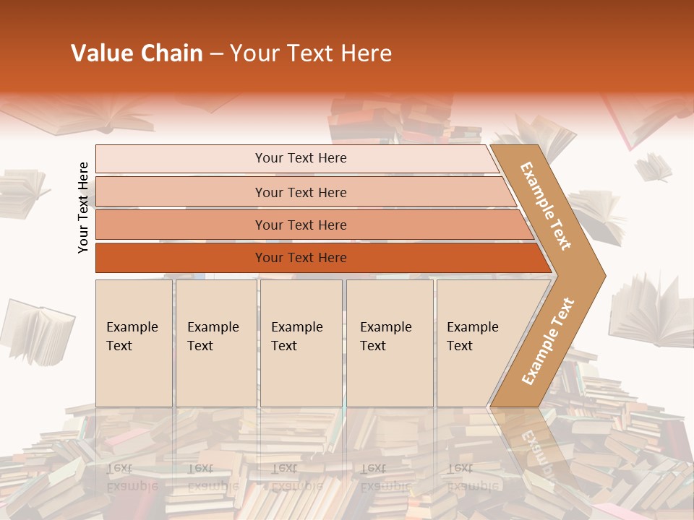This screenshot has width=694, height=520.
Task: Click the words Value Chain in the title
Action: click(x=137, y=53)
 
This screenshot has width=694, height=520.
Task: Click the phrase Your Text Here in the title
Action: click(x=311, y=53)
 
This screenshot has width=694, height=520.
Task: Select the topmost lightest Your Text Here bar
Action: click(x=300, y=158)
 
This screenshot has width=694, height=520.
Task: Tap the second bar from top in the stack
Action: click(x=300, y=192)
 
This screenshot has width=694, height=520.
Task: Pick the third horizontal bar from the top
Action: click(x=300, y=225)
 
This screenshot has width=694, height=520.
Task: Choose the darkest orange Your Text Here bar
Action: click(x=300, y=258)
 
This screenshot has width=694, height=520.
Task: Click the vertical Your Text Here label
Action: click(x=83, y=207)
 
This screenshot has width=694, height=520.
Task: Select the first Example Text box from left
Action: click(x=134, y=342)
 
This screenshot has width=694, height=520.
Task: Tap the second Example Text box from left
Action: click(x=215, y=342)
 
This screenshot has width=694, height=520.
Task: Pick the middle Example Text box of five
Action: click(x=301, y=342)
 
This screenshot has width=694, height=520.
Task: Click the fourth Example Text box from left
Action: click(x=390, y=342)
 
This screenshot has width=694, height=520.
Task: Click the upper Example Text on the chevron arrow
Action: click(x=546, y=205)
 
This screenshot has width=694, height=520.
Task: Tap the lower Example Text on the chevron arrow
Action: click(x=548, y=341)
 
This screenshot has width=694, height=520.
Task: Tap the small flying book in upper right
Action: click(x=653, y=167)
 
